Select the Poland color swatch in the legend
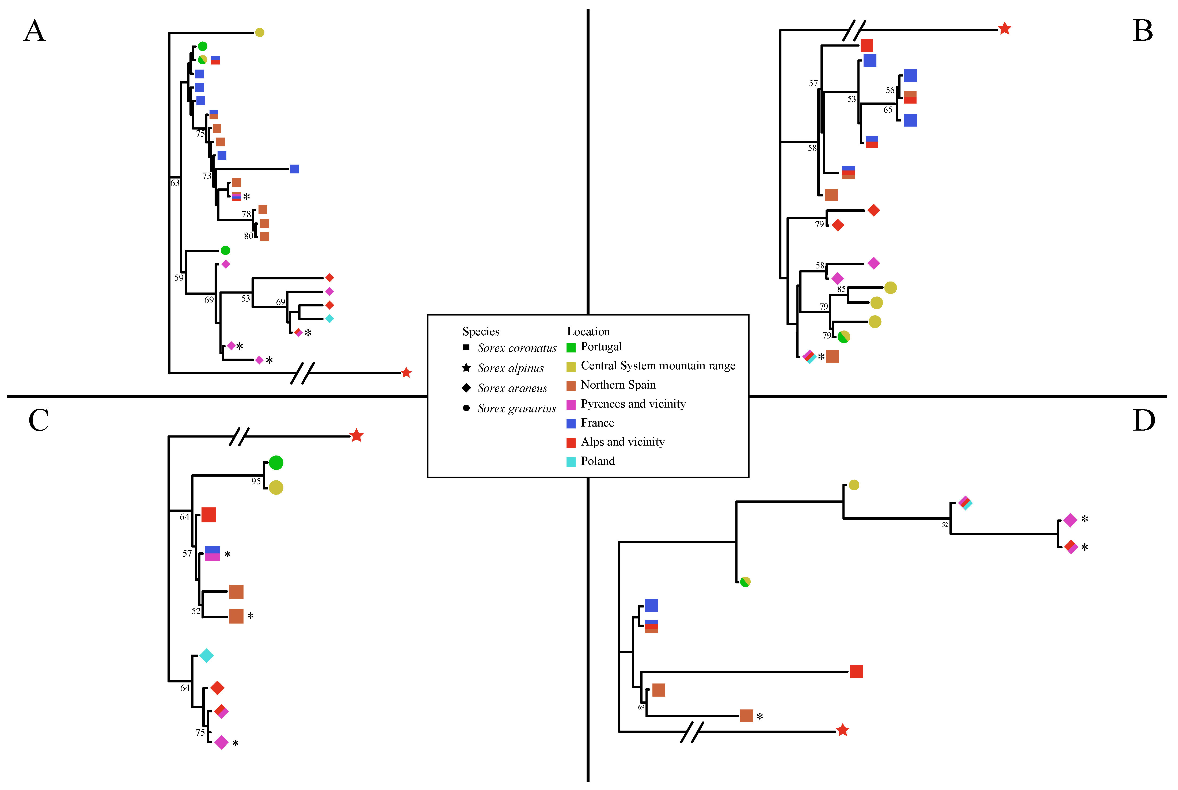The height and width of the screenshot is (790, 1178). pyautogui.click(x=571, y=462)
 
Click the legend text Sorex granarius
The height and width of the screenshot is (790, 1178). pyautogui.click(x=516, y=409)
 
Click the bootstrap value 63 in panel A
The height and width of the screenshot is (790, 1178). pyautogui.click(x=175, y=183)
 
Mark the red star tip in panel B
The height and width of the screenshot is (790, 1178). pyautogui.click(x=1004, y=29)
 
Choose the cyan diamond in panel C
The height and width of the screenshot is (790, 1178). pyautogui.click(x=207, y=655)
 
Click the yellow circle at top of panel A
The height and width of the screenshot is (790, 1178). pyautogui.click(x=260, y=32)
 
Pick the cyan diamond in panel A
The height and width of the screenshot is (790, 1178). pyautogui.click(x=329, y=318)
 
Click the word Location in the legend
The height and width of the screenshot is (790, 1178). pyautogui.click(x=588, y=332)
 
